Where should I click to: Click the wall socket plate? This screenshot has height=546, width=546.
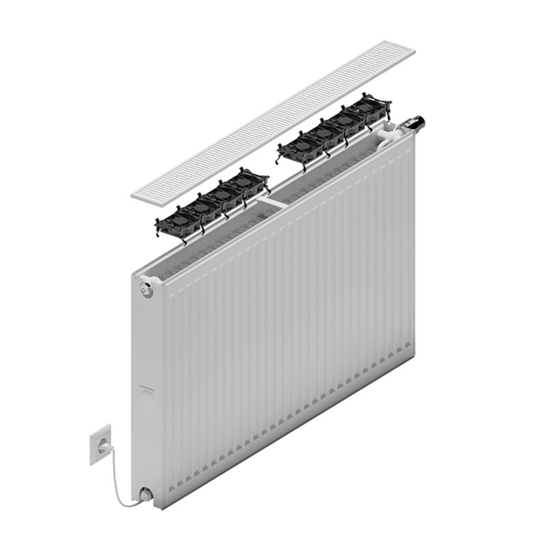[x=100, y=444]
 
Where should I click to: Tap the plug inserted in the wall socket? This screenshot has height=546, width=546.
[x=103, y=446]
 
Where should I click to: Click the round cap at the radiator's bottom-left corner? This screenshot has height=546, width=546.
[x=145, y=493]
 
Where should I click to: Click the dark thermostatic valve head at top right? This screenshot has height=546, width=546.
[x=415, y=124]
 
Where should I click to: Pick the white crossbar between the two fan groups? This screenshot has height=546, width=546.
[x=273, y=203]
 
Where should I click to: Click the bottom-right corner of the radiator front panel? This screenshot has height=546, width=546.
[x=412, y=349]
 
